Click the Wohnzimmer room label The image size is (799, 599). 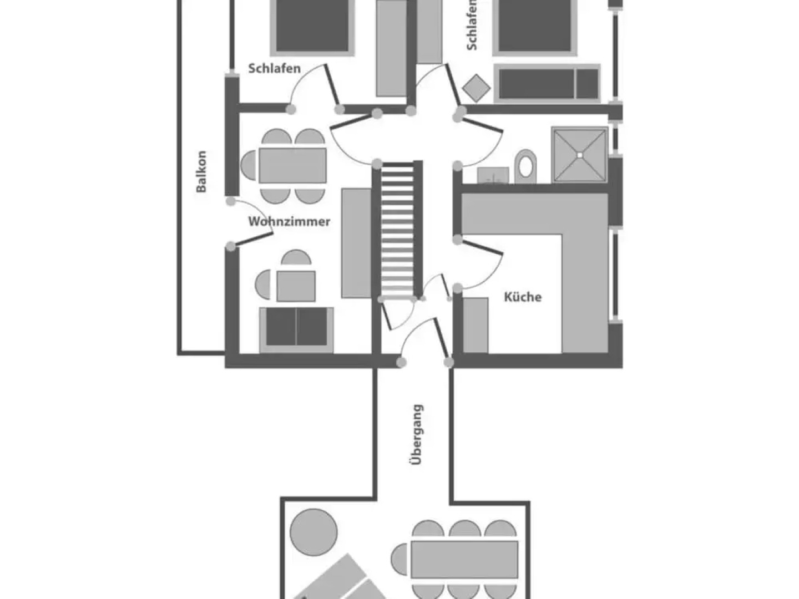[289, 221]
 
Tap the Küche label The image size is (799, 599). [523, 297]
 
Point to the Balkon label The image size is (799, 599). [201, 171]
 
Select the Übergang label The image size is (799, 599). [417, 434]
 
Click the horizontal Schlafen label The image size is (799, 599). [274, 69]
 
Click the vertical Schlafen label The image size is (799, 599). [472, 25]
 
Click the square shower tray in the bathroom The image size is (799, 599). [579, 155]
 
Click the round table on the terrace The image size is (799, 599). [313, 531]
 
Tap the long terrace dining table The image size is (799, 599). [464, 559]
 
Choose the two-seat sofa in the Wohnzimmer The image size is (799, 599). [296, 329]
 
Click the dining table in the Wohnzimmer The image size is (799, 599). [292, 165]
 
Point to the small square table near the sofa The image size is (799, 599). [296, 286]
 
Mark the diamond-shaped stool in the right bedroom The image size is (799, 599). [476, 87]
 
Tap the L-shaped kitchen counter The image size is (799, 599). [583, 266]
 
